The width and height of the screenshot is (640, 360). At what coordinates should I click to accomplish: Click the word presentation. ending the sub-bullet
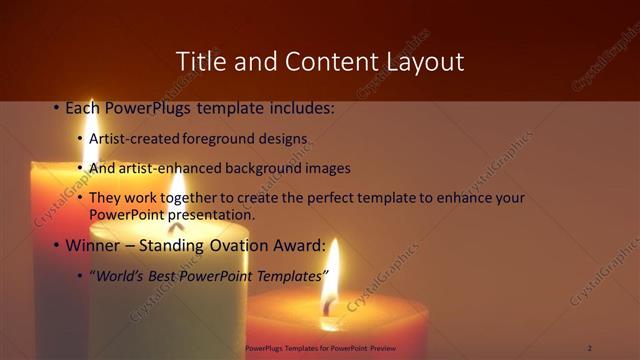pyautogui.click(x=209, y=214)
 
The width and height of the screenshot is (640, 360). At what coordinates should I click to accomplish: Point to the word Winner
pyautogui.click(x=91, y=244)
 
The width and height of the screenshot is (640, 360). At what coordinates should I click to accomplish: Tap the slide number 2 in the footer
pyautogui.click(x=590, y=348)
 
